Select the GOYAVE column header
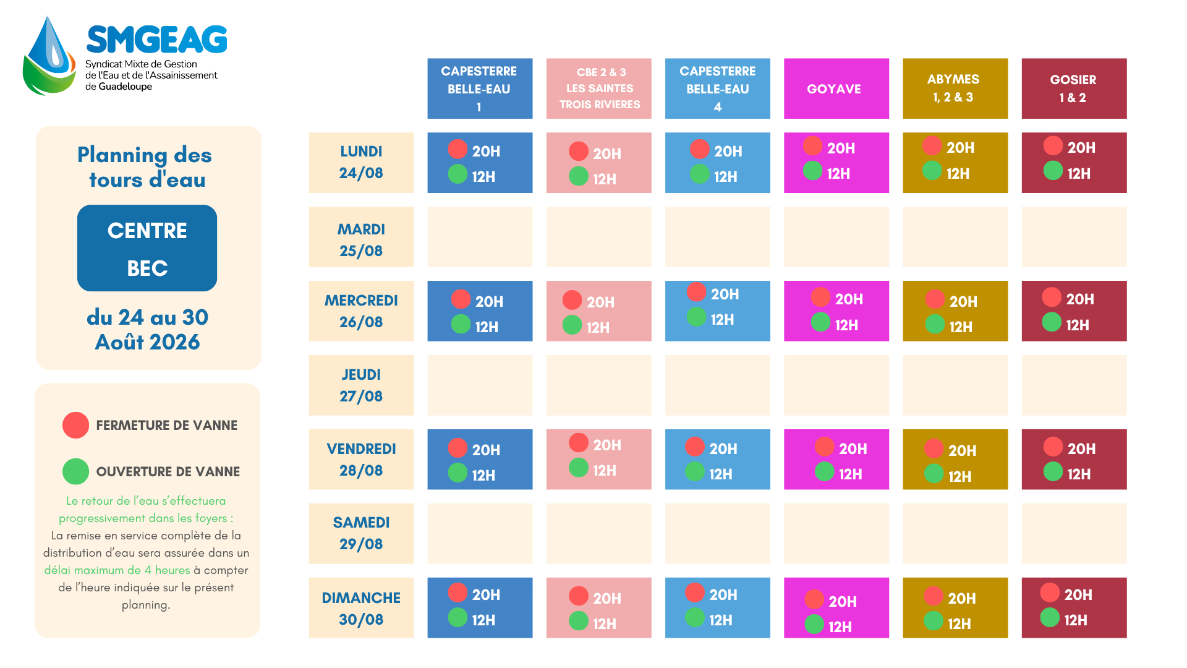coord(836,88)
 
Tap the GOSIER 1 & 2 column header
coord(1074,88)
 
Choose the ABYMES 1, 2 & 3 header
coord(955,88)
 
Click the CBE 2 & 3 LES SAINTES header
coord(598,88)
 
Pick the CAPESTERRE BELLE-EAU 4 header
coord(718,88)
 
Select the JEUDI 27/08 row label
coord(361,385)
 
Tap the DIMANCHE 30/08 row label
coord(361,608)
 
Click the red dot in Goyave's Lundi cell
coord(812,146)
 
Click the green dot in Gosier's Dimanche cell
coord(1050,617)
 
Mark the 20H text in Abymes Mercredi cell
coord(963,302)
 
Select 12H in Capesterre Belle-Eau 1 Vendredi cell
coord(483,476)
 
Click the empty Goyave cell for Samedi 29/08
coord(836,534)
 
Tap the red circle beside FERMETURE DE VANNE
coord(75,426)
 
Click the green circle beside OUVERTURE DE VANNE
coord(75,471)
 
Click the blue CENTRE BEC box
coord(147,248)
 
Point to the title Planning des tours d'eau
coord(146,167)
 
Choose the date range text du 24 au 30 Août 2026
coord(147,330)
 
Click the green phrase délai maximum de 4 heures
coord(117,570)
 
